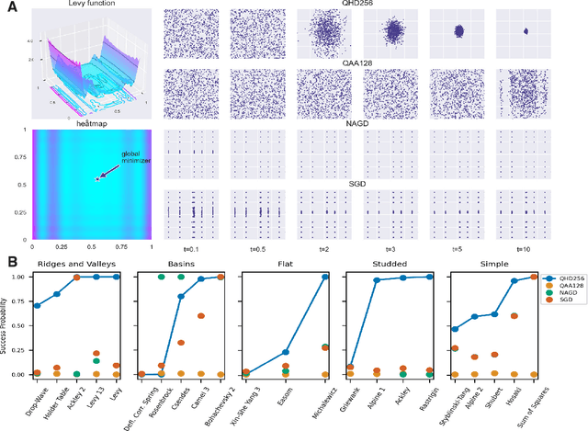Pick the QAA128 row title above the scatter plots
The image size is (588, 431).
[356, 62]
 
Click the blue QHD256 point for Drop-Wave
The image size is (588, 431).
[37, 305]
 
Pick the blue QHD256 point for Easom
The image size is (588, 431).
[286, 352]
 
